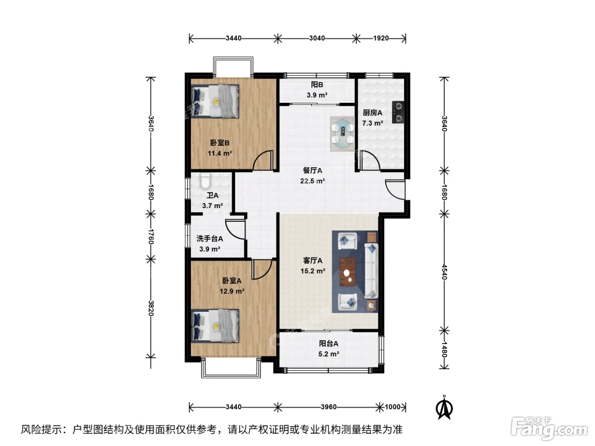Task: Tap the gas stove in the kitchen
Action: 398,112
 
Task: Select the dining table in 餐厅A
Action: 343,134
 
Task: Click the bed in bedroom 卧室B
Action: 215,101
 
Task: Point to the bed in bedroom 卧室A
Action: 215,326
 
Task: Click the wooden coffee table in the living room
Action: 348,271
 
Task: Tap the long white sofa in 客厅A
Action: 371,271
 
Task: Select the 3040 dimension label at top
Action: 317,38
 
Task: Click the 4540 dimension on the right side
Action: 444,272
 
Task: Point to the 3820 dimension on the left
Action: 151,308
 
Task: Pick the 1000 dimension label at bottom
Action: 393,407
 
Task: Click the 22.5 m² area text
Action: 312,181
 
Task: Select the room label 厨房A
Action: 372,113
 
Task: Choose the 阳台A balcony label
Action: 329,344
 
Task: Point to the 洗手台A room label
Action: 210,239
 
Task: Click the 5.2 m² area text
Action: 329,354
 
